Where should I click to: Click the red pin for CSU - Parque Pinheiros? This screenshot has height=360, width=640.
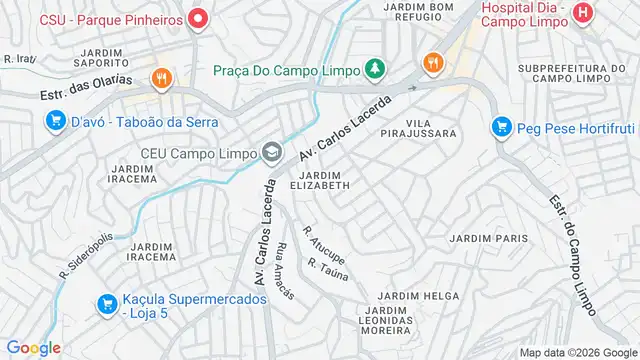pyautogui.click(x=198, y=18)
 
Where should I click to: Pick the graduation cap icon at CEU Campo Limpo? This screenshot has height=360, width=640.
pyautogui.click(x=270, y=153)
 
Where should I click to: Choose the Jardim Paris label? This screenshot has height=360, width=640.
pyautogui.click(x=489, y=238)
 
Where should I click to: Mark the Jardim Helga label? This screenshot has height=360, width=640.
pyautogui.click(x=418, y=296)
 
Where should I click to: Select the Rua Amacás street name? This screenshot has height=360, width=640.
pyautogui.click(x=284, y=270)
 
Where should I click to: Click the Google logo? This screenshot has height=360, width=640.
pyautogui.click(x=33, y=348)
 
